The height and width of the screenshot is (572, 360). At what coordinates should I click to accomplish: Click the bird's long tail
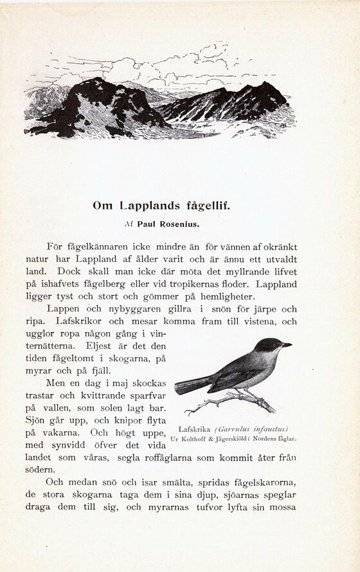[192, 385]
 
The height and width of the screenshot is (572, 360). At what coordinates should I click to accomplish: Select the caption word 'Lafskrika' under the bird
[194, 429]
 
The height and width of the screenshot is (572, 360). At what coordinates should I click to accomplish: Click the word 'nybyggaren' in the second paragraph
[128, 308]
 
